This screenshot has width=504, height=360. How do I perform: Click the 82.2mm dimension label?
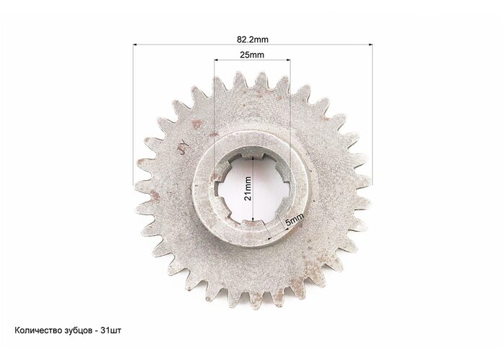coord(252,40)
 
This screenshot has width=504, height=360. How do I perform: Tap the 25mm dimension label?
coord(252,55)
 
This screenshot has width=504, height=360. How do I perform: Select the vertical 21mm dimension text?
coord(248,189)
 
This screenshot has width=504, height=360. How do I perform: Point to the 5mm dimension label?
coord(294,220)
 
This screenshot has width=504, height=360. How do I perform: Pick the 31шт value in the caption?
coord(111,330)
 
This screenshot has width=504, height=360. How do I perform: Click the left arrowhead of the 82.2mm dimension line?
coord(135,45)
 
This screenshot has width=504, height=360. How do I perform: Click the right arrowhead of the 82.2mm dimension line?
coord(370,45)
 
